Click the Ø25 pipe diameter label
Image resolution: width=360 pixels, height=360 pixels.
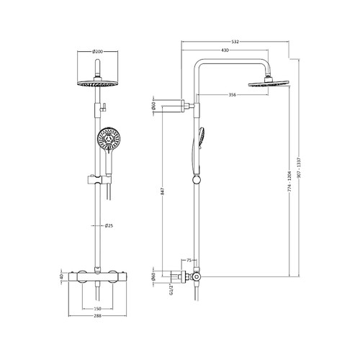point(108,226)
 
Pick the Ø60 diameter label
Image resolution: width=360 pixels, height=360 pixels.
point(153,107)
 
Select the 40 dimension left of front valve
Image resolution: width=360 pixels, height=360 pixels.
point(63,276)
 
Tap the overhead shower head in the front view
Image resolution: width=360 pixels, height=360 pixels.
point(95,84)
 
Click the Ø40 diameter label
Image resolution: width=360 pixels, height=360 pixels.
point(153,276)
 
